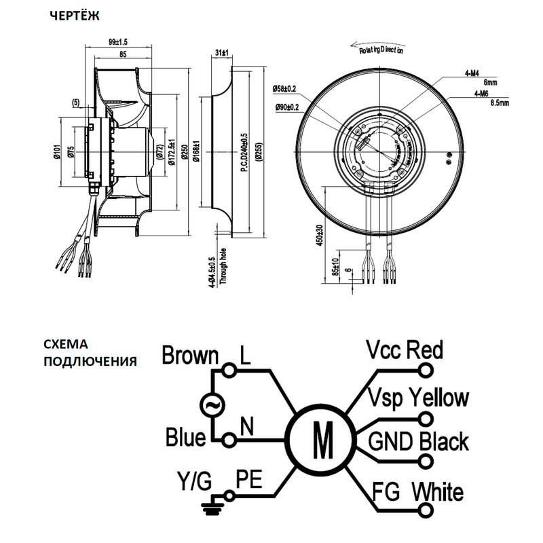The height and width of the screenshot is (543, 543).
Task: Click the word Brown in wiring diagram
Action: coord(191,356)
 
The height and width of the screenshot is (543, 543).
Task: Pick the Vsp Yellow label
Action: coord(417,397)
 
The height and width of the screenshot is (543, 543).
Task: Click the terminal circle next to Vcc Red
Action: coord(427,371)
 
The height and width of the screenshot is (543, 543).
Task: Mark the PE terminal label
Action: coord(249,479)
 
